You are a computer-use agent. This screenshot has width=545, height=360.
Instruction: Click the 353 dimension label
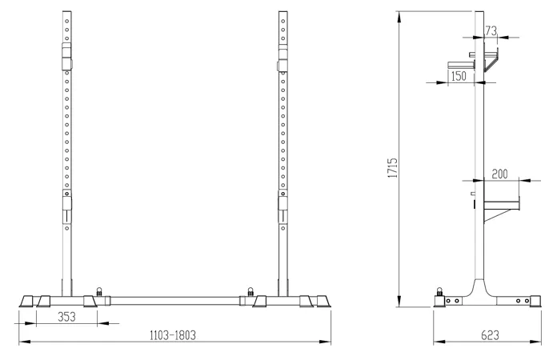[x=66, y=317]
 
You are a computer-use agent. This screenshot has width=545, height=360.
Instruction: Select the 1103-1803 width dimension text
[x=173, y=335]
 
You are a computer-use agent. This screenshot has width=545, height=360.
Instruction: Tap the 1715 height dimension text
[x=393, y=168]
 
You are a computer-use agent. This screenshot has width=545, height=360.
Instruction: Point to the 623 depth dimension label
[x=490, y=335]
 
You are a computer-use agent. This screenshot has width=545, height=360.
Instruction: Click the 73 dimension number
[x=491, y=31]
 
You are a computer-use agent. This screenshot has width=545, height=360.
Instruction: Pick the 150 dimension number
[x=459, y=76]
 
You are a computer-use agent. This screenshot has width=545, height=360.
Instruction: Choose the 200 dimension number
[x=500, y=174]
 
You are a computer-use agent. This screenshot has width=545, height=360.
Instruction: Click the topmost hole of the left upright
[x=66, y=21]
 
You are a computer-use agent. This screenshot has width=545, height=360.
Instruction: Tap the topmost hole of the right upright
[x=283, y=21]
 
